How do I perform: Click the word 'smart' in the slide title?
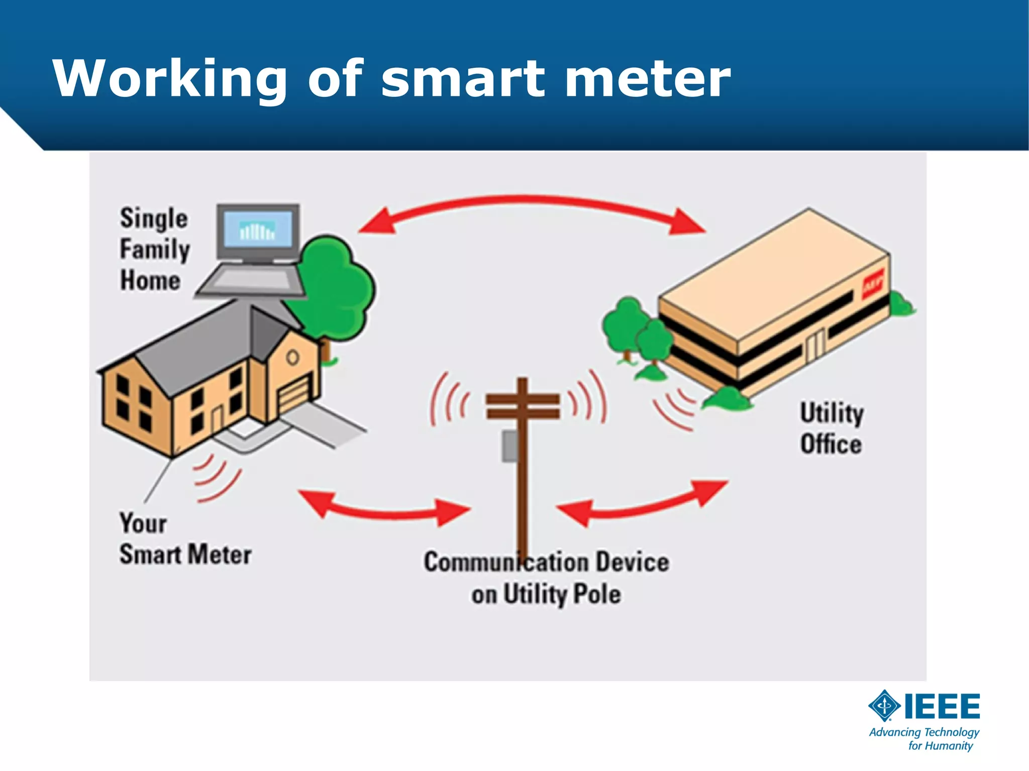(462, 79)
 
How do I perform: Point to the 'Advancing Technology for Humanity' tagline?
(924, 739)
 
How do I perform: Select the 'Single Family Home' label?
(154, 249)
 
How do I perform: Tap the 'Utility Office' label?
(832, 428)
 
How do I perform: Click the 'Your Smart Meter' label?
(184, 539)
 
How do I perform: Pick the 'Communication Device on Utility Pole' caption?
(546, 578)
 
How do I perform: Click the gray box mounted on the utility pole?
(510, 446)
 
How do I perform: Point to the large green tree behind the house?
(337, 286)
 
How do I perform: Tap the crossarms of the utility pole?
(523, 406)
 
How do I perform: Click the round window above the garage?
(293, 358)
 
